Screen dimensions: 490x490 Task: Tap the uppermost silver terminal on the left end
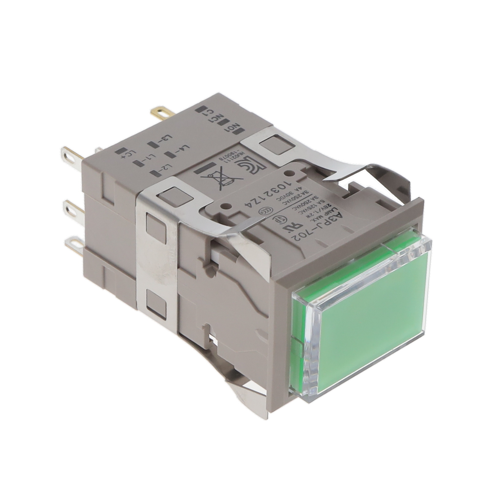(x=70, y=155)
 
